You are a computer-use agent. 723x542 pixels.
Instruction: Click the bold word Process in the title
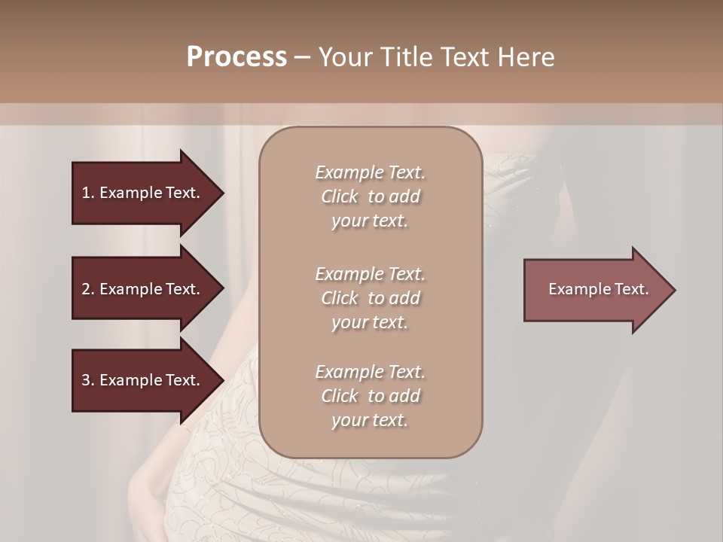pos(236,57)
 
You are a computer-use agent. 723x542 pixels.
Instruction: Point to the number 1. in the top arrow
pos(88,193)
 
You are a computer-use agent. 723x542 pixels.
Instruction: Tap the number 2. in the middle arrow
pos(88,289)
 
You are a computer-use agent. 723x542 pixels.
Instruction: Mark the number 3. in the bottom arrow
pos(88,380)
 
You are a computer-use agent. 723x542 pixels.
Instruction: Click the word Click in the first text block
pos(339,196)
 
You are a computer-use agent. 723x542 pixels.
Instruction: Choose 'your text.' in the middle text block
pos(370,322)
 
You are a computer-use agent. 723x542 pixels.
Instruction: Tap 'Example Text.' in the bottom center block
pos(370,372)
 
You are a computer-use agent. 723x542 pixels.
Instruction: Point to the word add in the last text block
pos(404,396)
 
